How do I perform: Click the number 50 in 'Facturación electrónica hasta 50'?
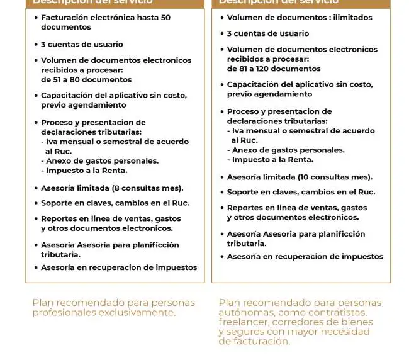(165, 18)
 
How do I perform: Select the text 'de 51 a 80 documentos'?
(86, 80)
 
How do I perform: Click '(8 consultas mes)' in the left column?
(147, 188)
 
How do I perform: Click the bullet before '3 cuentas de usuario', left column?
(35, 45)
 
